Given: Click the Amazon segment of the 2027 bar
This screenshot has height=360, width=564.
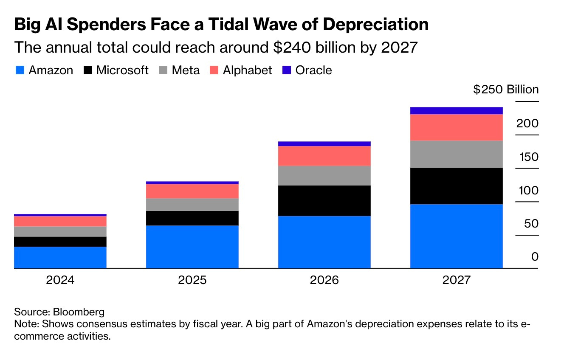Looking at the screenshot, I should pyautogui.click(x=456, y=236).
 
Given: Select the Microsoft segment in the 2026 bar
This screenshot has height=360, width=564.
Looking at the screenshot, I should pyautogui.click(x=324, y=200).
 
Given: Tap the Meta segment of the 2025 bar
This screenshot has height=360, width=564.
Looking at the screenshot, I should pyautogui.click(x=192, y=204).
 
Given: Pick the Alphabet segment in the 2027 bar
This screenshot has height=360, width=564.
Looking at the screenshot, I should pyautogui.click(x=456, y=127).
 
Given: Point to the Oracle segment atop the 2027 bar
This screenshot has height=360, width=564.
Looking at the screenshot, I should pyautogui.click(x=456, y=110).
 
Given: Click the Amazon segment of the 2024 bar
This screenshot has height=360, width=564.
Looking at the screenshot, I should pyautogui.click(x=60, y=257).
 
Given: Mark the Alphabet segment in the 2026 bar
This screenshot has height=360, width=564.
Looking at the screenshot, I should pyautogui.click(x=324, y=155).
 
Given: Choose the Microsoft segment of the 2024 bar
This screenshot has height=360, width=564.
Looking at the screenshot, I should pyautogui.click(x=60, y=241).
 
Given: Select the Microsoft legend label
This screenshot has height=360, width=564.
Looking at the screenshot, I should pyautogui.click(x=122, y=70).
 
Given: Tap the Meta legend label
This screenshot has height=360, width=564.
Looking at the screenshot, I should pyautogui.click(x=186, y=70).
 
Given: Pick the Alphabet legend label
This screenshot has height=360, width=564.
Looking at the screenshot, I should pyautogui.click(x=247, y=70).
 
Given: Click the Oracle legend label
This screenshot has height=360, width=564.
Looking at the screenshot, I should pyautogui.click(x=313, y=70).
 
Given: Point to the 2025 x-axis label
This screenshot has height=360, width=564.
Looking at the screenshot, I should pyautogui.click(x=192, y=280).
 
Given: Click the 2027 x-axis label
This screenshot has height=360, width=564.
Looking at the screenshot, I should pyautogui.click(x=456, y=280).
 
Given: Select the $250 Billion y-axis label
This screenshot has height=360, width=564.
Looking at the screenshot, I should pyautogui.click(x=506, y=90).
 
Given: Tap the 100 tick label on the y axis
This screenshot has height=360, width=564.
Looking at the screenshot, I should pyautogui.click(x=527, y=190).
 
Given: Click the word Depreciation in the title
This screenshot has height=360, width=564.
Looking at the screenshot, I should pyautogui.click(x=376, y=25).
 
